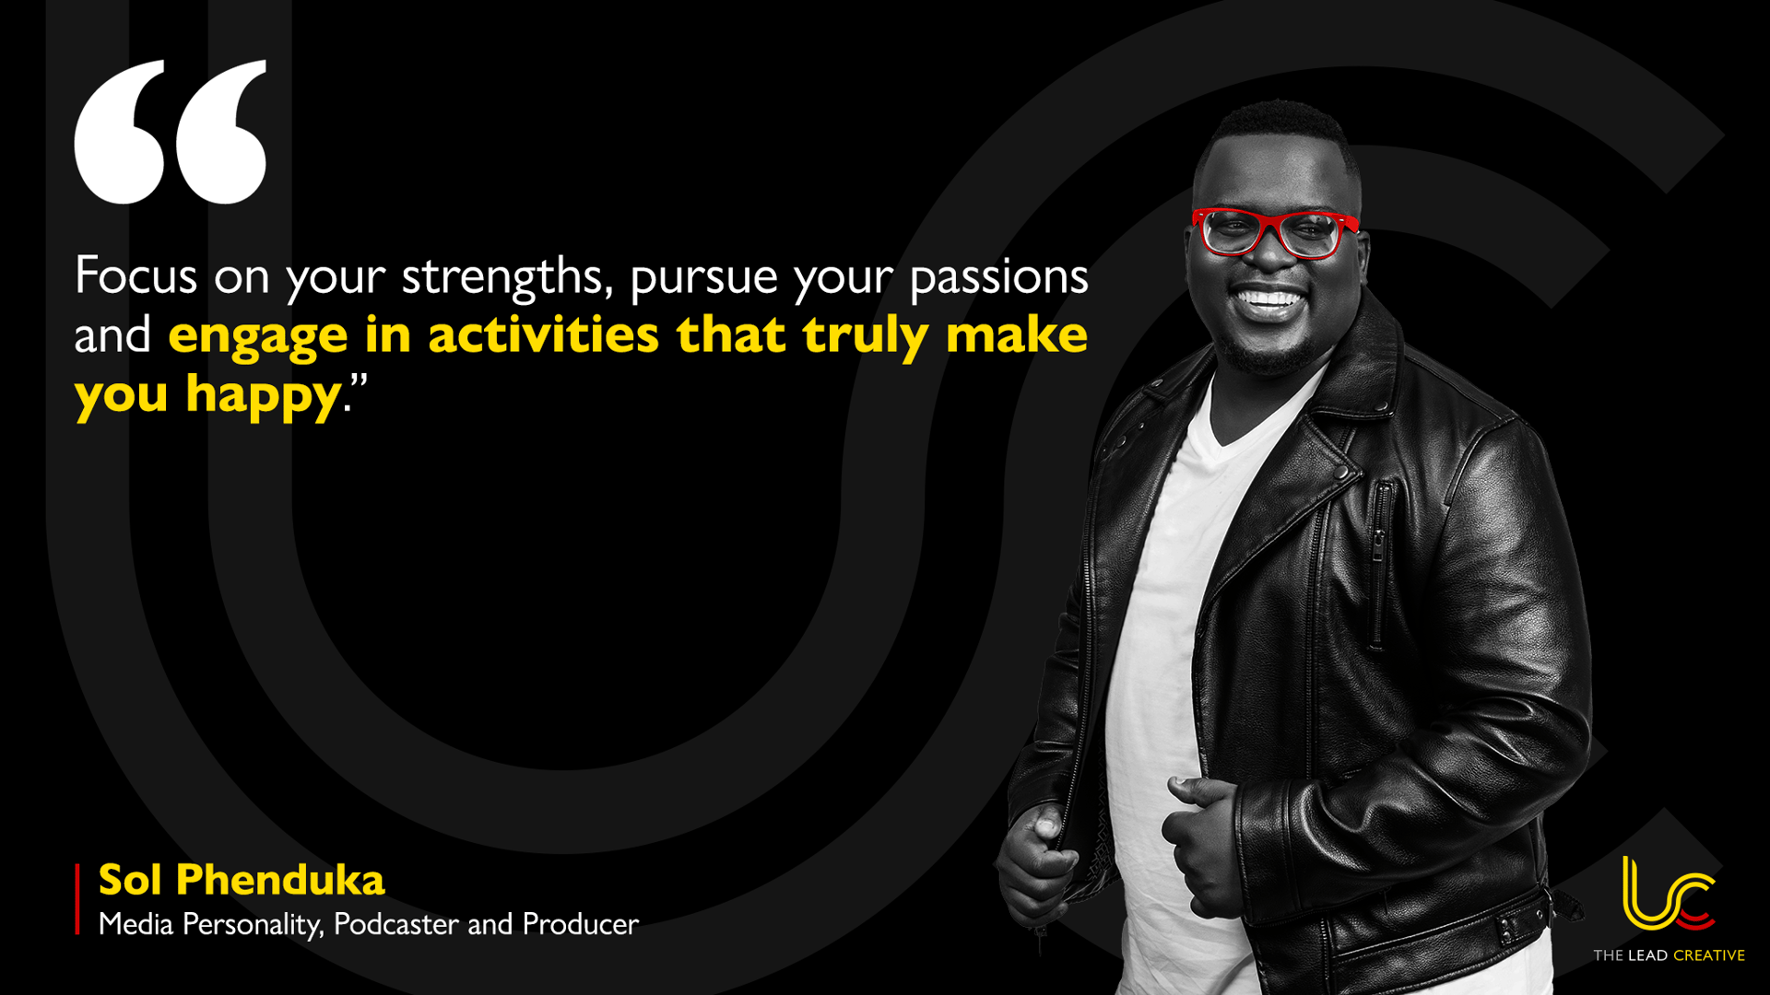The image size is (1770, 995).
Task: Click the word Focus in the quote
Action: pyautogui.click(x=136, y=275)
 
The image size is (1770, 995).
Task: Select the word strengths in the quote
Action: pyautogui.click(x=501, y=277)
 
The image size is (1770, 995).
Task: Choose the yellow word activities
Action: pyautogui.click(x=543, y=334)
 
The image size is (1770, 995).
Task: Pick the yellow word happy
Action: pyautogui.click(x=263, y=397)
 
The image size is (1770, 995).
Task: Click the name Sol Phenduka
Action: pyautogui.click(x=242, y=880)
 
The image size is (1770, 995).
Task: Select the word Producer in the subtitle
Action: pyautogui.click(x=581, y=924)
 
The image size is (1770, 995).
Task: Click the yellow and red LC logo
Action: pyautogui.click(x=1668, y=895)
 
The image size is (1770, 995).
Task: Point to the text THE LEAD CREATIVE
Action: pyautogui.click(x=1669, y=955)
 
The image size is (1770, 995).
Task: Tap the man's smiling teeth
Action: pyautogui.click(x=1269, y=299)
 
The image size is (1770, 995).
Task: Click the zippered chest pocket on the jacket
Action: pyautogui.click(x=1379, y=562)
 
